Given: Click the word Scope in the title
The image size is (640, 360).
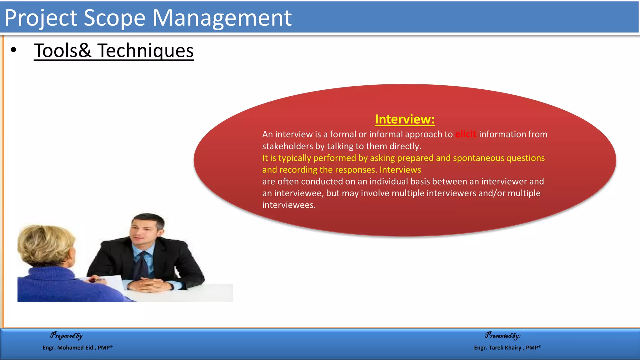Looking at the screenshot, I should pos(114,18).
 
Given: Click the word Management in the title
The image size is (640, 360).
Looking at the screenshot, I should pos(222,18).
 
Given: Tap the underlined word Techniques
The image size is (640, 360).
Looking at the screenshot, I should pos(145,51).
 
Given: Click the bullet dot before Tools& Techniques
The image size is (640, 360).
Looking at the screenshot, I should pos(13,50).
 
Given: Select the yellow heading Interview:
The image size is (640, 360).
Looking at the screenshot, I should pos(405,119).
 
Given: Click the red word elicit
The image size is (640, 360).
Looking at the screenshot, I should pos(465,134).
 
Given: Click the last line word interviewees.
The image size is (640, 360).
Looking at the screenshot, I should pos(288,205).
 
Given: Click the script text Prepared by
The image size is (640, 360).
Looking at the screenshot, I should pos(66,336).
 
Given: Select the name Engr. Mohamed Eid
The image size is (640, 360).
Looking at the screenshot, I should pos(68,347).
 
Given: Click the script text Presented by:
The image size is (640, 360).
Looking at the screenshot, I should pos(502,336).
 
